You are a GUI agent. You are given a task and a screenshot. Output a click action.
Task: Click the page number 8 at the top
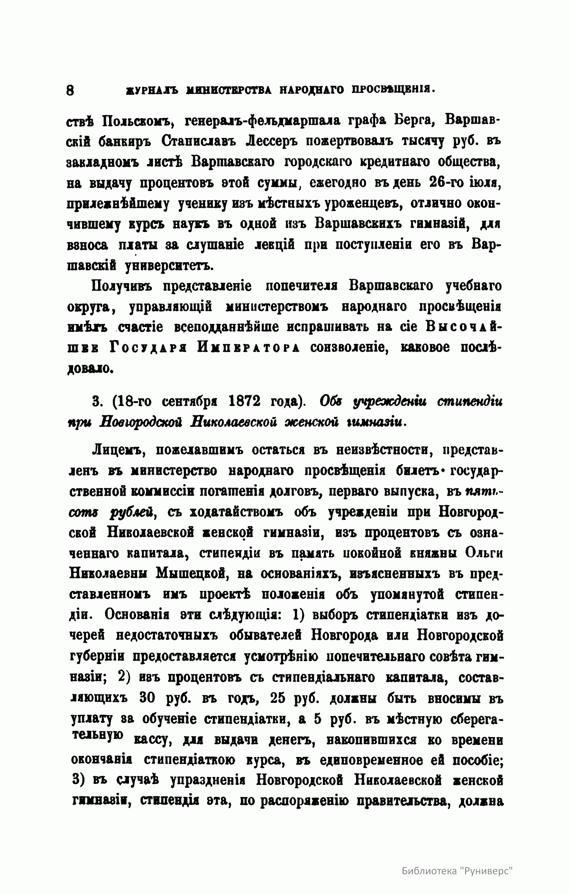(70, 90)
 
